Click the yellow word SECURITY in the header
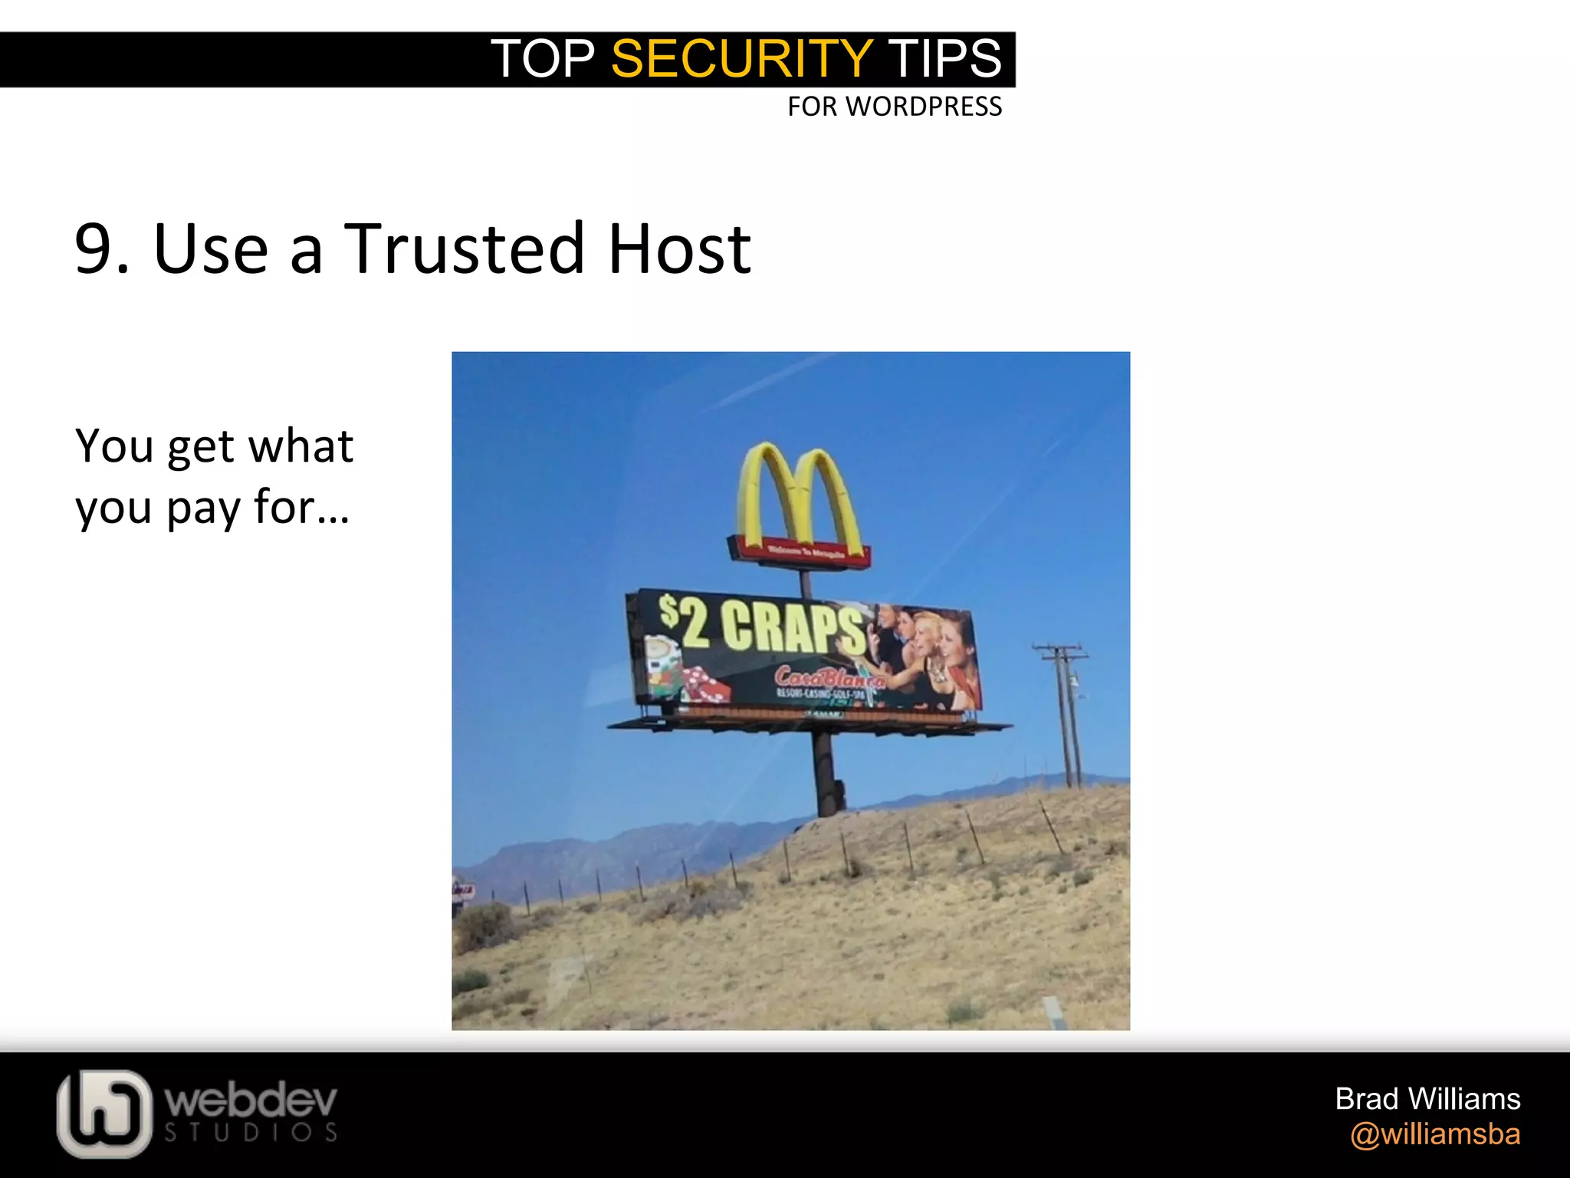pyautogui.click(x=741, y=58)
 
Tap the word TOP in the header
pyautogui.click(x=543, y=58)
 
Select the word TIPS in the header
pyautogui.click(x=944, y=58)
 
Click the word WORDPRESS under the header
pyautogui.click(x=924, y=107)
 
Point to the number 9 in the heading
pyautogui.click(x=95, y=249)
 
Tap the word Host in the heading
pyautogui.click(x=679, y=248)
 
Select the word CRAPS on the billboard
pyautogui.click(x=793, y=629)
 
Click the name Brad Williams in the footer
pyautogui.click(x=1427, y=1099)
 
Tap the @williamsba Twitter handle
pyautogui.click(x=1435, y=1134)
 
